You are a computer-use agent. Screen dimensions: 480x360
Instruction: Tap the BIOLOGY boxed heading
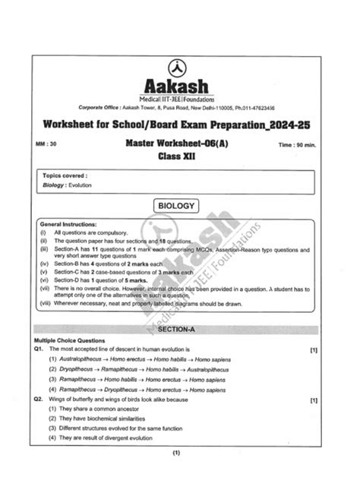coord(177,206)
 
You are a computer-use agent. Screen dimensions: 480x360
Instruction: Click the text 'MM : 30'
coord(44,142)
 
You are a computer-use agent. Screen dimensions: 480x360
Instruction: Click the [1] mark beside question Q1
coord(314,349)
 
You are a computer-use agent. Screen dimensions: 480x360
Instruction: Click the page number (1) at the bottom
coord(176,453)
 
